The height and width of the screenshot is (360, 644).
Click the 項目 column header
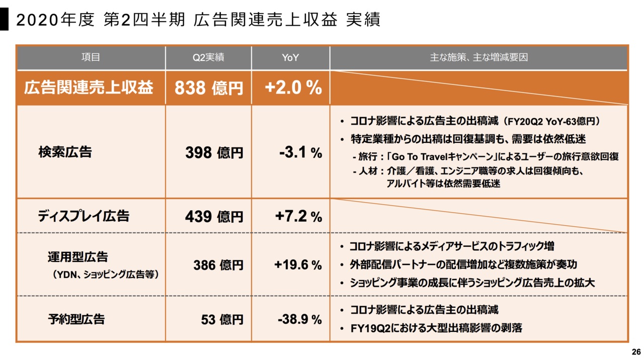pyautogui.click(x=91, y=58)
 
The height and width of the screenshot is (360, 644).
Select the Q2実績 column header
pyautogui.click(x=208, y=58)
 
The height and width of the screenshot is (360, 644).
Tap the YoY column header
pyautogui.click(x=290, y=58)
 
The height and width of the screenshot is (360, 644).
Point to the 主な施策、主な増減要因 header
pyautogui.click(x=478, y=58)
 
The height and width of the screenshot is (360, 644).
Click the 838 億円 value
pyautogui.click(x=208, y=88)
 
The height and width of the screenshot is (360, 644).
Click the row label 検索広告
pyautogui.click(x=65, y=152)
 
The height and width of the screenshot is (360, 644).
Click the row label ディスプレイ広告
pyautogui.click(x=84, y=216)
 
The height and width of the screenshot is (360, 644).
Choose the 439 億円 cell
pyautogui.click(x=214, y=217)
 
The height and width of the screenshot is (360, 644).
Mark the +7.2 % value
pyautogui.click(x=298, y=217)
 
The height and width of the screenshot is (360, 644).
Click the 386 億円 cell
pyautogui.click(x=218, y=265)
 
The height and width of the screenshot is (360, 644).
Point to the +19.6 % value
pyautogui.click(x=298, y=265)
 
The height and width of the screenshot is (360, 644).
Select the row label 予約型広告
pyautogui.click(x=76, y=319)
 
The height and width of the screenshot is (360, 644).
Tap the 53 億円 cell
pyautogui.click(x=222, y=319)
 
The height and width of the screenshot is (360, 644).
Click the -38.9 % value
pyautogui.click(x=299, y=319)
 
